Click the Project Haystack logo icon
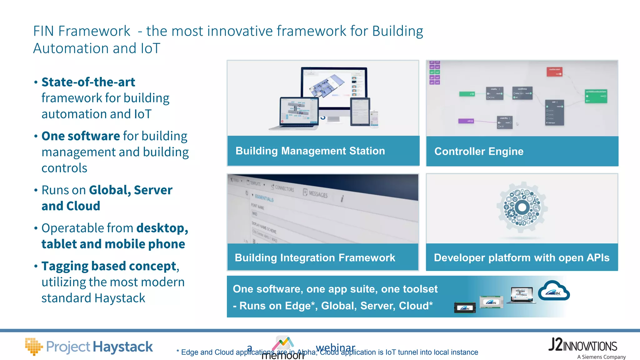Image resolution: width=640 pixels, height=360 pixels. click(33, 346)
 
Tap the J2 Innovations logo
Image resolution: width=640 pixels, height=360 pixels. click(582, 345)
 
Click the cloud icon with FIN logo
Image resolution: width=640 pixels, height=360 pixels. click(554, 291)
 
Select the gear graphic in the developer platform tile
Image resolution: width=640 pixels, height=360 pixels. click(522, 207)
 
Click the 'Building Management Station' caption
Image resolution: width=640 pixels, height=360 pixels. click(310, 151)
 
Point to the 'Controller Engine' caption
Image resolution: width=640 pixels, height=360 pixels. click(479, 152)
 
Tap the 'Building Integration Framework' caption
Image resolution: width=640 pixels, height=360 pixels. click(315, 258)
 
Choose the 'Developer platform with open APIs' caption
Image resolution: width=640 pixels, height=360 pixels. click(522, 258)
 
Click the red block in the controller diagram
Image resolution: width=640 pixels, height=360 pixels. click(554, 72)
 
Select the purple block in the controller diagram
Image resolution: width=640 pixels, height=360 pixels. click(466, 121)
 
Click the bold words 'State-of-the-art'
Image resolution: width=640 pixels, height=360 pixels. click(88, 82)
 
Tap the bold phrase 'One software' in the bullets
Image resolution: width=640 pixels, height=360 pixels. click(81, 136)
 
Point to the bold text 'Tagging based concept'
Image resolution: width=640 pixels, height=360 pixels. click(109, 266)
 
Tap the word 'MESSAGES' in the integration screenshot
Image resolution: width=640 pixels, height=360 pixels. click(318, 194)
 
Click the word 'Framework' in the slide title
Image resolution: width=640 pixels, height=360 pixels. click(94, 31)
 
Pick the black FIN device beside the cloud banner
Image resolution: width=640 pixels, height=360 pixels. click(465, 307)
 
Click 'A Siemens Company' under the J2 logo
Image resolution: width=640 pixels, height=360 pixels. click(601, 357)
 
